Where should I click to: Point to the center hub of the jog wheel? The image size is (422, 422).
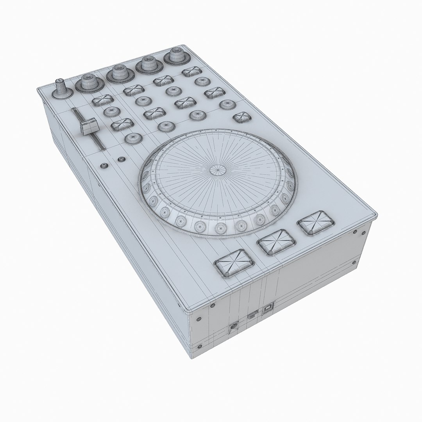217,170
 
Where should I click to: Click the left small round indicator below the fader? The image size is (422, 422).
104,166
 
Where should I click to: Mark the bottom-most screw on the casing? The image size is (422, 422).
200,345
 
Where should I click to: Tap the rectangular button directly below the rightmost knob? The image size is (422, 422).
191,72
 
